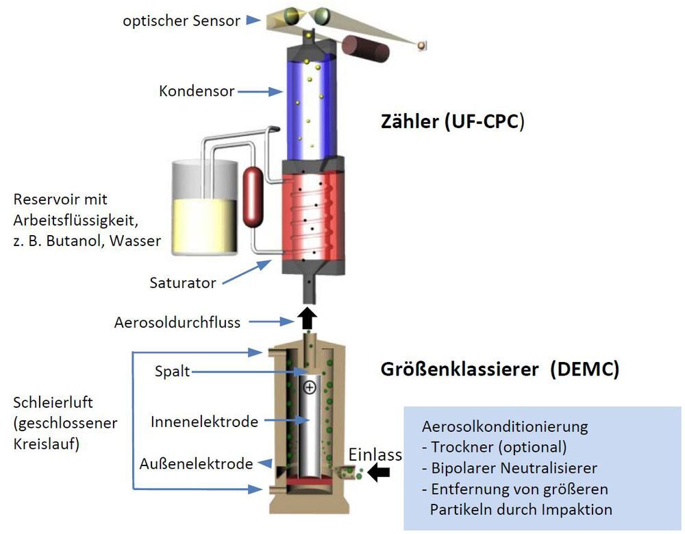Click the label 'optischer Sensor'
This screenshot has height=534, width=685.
(x=182, y=21)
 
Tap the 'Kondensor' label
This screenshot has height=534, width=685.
(x=197, y=90)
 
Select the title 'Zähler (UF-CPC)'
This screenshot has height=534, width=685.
(x=453, y=123)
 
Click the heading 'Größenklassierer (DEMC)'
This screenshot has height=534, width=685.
(x=499, y=369)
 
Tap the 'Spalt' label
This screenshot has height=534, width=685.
(x=172, y=372)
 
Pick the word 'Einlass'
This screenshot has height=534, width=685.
(x=375, y=454)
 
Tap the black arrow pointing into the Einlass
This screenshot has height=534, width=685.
(x=379, y=471)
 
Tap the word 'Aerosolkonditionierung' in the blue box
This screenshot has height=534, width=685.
(x=505, y=426)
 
